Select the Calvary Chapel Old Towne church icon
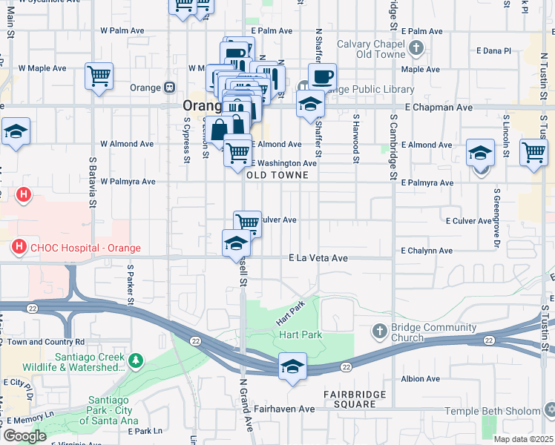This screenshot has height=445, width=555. tap(416, 50)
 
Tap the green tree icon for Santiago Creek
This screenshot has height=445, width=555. tap(135, 361)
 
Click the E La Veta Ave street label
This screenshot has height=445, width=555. tap(318, 258)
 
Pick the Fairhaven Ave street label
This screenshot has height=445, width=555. tap(286, 409)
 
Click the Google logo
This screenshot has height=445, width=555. tap(24, 436)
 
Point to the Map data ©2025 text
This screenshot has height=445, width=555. tap(523, 439)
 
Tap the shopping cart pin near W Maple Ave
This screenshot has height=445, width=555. tap(99, 75)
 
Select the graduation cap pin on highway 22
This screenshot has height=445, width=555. tap(292, 366)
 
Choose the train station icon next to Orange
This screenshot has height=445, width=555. tap(169, 88)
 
